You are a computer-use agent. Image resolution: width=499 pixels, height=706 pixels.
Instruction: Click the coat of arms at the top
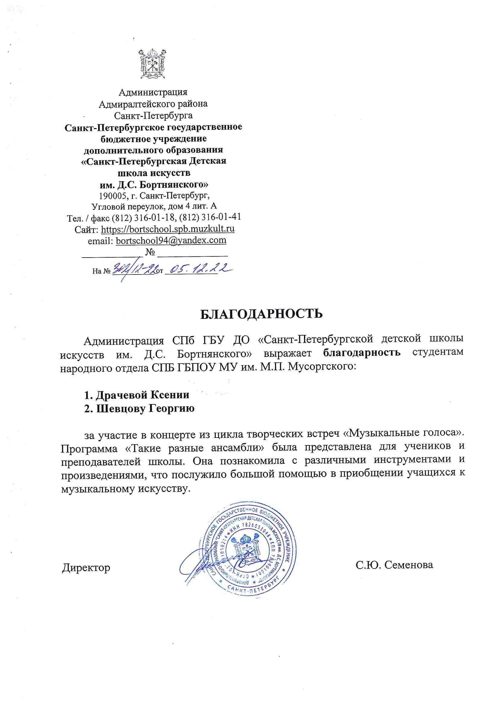click(x=153, y=64)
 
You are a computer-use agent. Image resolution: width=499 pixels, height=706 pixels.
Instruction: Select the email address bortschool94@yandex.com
click(x=171, y=240)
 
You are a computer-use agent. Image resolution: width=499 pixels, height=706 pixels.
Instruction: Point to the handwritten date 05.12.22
click(x=197, y=269)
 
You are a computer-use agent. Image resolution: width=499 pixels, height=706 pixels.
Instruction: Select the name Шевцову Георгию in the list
click(x=139, y=409)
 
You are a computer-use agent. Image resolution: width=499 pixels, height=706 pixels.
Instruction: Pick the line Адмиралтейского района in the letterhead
click(x=153, y=104)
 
